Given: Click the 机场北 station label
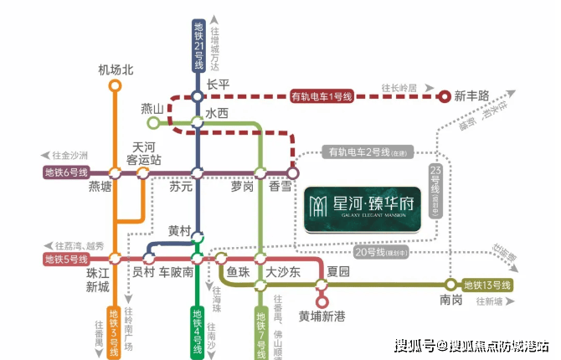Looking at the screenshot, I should click(x=116, y=69).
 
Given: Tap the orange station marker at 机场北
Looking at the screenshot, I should click(x=116, y=85).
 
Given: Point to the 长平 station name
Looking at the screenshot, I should click(x=218, y=85).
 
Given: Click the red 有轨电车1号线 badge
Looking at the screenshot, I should click(x=322, y=95).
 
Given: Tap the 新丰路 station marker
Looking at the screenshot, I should click(x=445, y=95).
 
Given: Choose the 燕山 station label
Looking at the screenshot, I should click(x=152, y=109).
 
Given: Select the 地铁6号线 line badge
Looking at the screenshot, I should click(x=67, y=173).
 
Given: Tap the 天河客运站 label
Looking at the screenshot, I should click(x=143, y=152).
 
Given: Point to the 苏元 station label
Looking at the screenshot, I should click(x=182, y=188).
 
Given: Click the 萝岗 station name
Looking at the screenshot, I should click(x=242, y=188).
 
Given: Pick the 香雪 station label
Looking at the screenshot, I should click(x=280, y=188).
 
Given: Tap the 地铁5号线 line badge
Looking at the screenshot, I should click(x=67, y=260).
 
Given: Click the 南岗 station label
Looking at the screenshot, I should click(x=450, y=300).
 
